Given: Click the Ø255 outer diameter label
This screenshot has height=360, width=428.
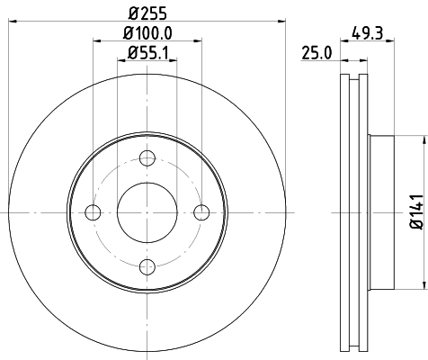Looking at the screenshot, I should point(147,13).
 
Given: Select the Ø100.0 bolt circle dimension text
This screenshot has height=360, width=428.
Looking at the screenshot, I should point(147,32).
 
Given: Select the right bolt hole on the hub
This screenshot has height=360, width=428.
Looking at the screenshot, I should point(201,212).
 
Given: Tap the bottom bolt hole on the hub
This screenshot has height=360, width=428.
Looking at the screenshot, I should point(147,266).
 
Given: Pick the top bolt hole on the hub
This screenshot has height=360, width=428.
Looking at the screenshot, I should point(147,158).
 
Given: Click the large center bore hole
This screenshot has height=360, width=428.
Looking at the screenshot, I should point(147,212).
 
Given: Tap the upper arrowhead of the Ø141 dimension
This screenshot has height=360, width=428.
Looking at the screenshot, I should point(421,141).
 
